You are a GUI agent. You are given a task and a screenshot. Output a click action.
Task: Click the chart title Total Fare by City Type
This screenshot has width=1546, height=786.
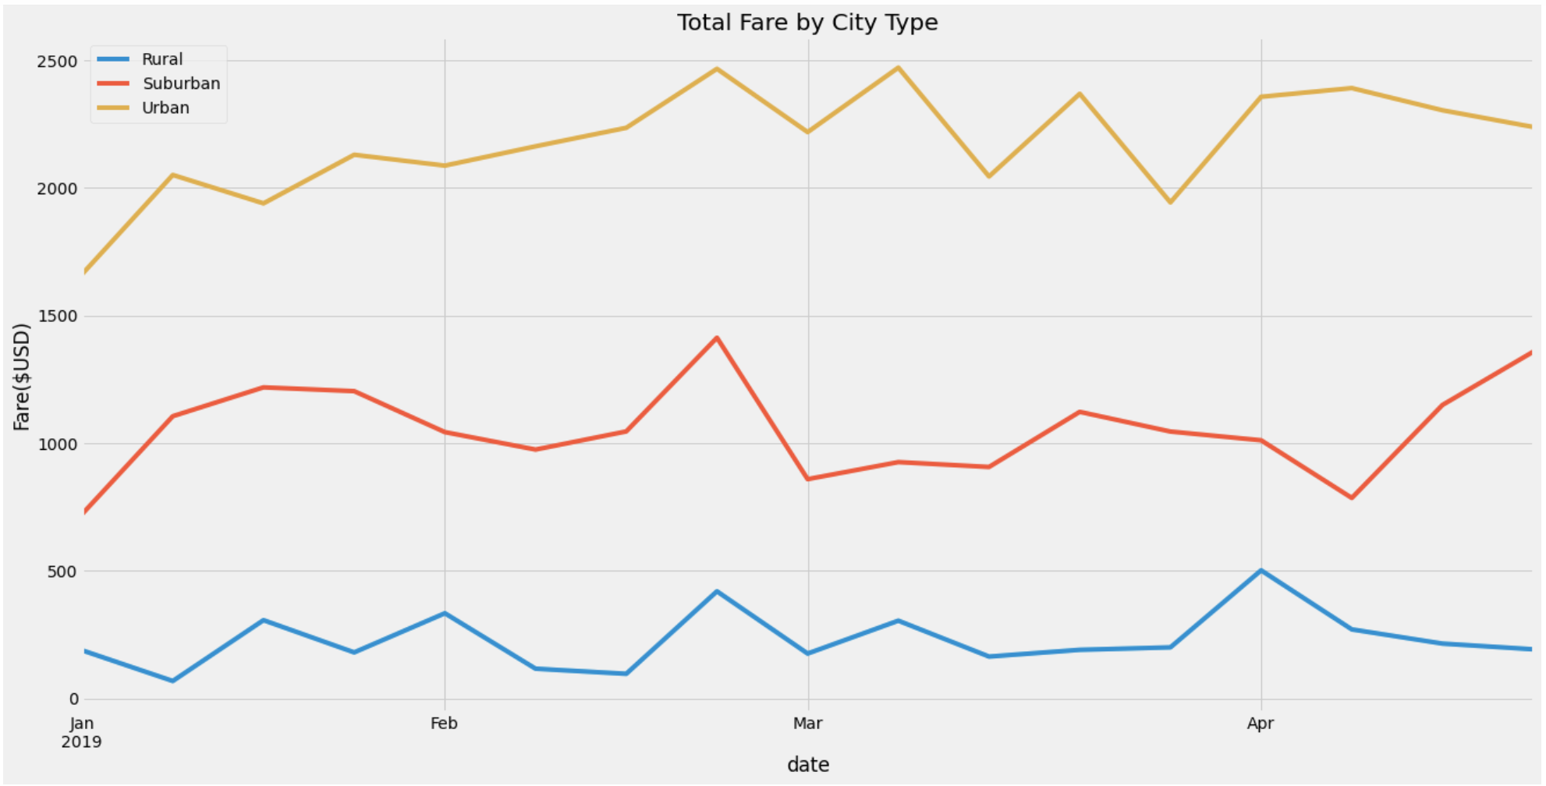(807, 22)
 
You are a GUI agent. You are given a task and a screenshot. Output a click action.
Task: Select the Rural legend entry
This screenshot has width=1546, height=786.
(161, 59)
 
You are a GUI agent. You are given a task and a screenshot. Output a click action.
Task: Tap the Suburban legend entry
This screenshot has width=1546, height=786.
(181, 83)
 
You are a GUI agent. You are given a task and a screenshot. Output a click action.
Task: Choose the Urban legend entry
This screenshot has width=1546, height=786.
(165, 108)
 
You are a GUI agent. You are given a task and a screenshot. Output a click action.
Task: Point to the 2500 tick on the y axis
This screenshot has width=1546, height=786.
(57, 61)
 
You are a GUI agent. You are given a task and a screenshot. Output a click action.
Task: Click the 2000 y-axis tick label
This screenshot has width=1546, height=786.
(57, 189)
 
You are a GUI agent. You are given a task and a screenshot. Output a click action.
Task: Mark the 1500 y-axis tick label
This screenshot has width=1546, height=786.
(57, 316)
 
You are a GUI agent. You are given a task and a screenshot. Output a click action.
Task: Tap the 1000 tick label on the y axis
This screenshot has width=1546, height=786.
(57, 444)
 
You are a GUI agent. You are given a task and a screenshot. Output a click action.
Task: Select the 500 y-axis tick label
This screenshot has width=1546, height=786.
(62, 572)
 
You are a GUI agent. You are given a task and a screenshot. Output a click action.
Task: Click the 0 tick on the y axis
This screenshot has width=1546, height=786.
(73, 699)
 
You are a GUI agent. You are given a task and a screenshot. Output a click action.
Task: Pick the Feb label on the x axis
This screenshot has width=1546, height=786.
(444, 724)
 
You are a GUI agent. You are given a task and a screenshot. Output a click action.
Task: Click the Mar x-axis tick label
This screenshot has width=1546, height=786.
(807, 724)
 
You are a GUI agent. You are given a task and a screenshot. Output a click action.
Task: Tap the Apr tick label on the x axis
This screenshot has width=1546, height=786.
(1261, 724)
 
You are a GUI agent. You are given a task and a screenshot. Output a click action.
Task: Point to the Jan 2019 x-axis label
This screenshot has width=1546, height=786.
(81, 732)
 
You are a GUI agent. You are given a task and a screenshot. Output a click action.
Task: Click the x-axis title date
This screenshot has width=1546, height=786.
(807, 765)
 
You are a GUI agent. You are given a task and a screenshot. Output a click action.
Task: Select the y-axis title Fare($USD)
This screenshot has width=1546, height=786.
(22, 377)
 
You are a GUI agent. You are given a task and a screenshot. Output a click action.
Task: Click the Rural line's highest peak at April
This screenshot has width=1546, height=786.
(1261, 570)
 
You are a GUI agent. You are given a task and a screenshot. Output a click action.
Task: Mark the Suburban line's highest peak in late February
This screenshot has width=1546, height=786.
(716, 337)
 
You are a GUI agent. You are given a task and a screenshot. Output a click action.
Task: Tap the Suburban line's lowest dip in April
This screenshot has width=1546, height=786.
(1351, 497)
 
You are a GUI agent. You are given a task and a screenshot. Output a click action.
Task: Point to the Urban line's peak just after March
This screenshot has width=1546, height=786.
(898, 68)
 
